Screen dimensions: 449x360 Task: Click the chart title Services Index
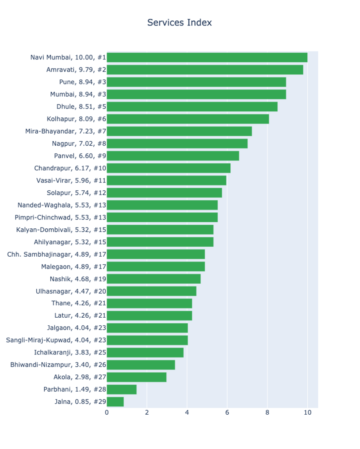pos(179,23)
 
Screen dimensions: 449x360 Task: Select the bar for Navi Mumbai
pos(207,57)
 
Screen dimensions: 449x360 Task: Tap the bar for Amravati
pos(205,70)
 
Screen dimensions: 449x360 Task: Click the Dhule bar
pos(192,107)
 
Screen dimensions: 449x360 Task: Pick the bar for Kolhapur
pos(188,119)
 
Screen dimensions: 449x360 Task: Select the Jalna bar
pos(115,402)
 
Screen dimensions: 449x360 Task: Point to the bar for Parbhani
pos(122,389)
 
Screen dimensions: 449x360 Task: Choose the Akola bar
pos(136,377)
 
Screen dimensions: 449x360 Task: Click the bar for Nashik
pos(154,279)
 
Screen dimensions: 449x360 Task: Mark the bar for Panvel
pos(173,156)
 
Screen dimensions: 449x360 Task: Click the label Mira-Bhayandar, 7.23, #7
pos(65,131)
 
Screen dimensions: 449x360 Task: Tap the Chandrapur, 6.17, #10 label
pos(70,168)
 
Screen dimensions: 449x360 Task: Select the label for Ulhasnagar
pos(71,291)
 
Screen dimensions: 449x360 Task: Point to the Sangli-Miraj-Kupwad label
pos(56,340)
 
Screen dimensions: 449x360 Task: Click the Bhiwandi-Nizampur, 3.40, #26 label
pos(58,365)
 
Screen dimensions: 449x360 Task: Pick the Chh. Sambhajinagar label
pos(56,254)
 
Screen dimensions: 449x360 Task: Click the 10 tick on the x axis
pos(307,412)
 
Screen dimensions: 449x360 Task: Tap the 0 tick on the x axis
pos(107,412)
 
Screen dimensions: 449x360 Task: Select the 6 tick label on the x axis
pos(227,412)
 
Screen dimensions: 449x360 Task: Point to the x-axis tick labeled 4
pos(187,412)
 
